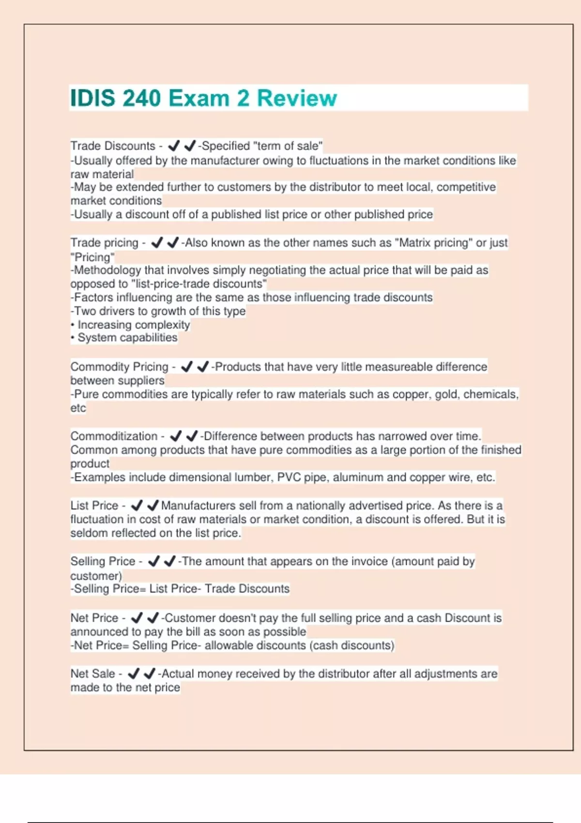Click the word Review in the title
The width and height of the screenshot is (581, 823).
click(296, 98)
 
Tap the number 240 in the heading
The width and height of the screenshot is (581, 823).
click(141, 98)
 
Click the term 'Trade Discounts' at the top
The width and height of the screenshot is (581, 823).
click(112, 146)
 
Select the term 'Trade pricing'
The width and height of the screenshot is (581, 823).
click(104, 243)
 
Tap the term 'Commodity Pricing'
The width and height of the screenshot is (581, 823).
click(119, 367)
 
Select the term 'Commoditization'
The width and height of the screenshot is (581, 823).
click(114, 436)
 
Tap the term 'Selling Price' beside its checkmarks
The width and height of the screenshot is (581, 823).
click(103, 562)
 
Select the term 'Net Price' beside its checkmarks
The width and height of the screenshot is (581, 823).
click(94, 618)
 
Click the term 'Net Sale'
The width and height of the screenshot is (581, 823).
click(92, 674)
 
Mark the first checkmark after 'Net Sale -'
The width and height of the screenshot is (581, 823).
click(134, 673)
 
